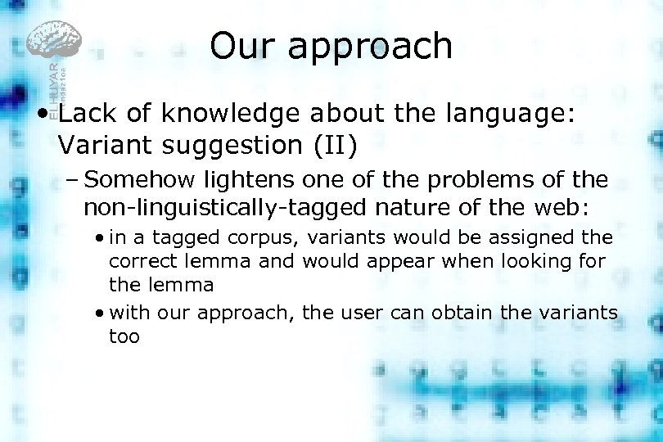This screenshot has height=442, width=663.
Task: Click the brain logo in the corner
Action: click(54, 41)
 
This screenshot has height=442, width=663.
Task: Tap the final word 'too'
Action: click(124, 336)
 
